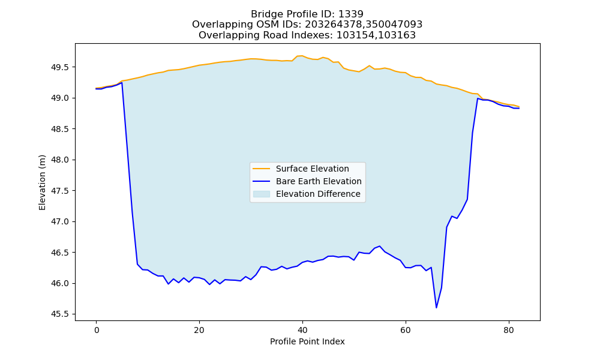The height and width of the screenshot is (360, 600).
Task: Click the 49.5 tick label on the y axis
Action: [60, 67]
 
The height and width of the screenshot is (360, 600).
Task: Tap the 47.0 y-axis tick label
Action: [60, 222]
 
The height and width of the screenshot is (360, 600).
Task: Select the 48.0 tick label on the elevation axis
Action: [60, 160]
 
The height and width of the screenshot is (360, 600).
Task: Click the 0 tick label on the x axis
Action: [97, 331]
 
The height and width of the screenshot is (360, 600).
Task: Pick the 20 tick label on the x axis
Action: [199, 331]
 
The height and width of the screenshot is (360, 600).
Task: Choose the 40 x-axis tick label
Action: [302, 331]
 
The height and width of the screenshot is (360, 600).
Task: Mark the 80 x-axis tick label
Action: [509, 331]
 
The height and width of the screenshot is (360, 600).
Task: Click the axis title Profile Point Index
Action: [307, 341]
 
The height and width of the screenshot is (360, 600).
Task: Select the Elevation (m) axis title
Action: [42, 182]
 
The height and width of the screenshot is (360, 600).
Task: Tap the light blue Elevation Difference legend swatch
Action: [262, 194]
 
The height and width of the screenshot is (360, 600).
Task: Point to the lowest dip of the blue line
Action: [436, 308]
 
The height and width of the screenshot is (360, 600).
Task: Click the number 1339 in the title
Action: [351, 14]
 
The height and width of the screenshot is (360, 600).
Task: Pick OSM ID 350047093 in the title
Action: [394, 25]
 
